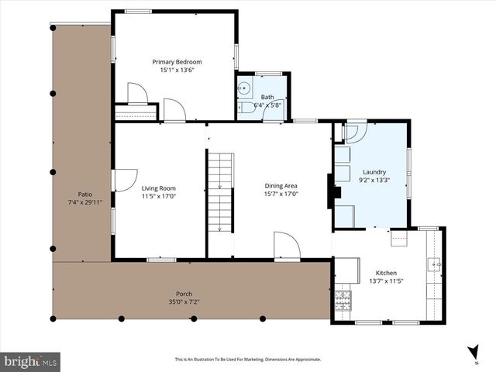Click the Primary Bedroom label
point(177,62)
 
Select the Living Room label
point(158,188)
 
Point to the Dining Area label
point(281,185)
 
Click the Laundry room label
point(373,172)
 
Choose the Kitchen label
point(386,273)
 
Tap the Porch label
point(184,293)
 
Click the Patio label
point(85,194)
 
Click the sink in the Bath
point(243,88)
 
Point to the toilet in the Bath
point(244,108)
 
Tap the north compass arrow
point(473,351)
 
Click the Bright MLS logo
point(31,360)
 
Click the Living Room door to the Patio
point(122,180)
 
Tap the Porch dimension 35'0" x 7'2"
point(184,302)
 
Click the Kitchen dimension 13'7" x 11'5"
point(386,282)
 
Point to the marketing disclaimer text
point(247,360)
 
